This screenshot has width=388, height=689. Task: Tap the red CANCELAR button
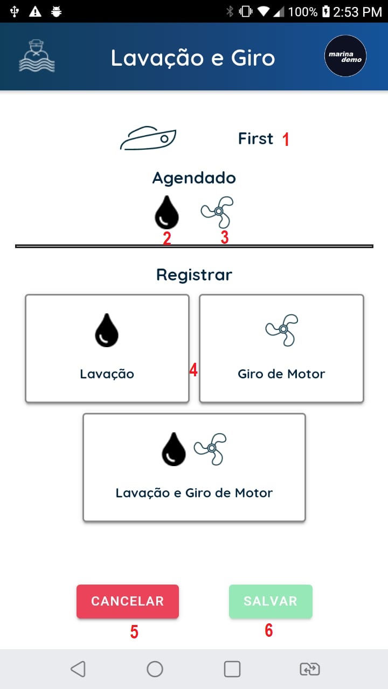[x=128, y=601]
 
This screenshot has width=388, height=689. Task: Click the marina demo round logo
[x=345, y=57]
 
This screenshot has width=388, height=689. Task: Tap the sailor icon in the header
[x=37, y=57]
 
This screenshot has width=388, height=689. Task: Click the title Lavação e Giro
[x=193, y=58]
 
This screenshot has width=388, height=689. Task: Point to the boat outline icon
[x=148, y=139]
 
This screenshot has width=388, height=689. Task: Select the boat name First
[x=255, y=139]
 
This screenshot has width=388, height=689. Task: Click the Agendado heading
[x=194, y=178]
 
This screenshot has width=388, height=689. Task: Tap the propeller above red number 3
[x=218, y=212]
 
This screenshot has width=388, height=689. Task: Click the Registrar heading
[x=194, y=275]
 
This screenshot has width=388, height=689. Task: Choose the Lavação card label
[x=107, y=374]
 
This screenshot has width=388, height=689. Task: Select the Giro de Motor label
[x=281, y=374]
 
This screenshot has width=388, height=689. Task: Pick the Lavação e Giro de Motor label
[x=194, y=493]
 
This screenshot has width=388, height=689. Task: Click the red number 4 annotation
[x=193, y=370]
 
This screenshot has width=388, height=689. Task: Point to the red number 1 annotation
[x=286, y=139]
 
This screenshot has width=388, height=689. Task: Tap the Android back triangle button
[x=78, y=669]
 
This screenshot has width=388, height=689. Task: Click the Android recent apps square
[x=232, y=669]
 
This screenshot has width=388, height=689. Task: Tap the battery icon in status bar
[x=325, y=11]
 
